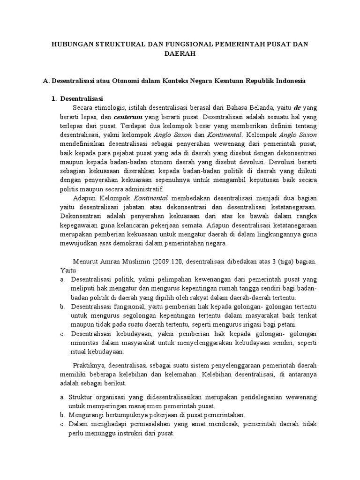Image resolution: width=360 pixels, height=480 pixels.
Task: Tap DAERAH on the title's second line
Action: point(180,54)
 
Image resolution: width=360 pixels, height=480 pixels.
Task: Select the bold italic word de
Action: point(297,107)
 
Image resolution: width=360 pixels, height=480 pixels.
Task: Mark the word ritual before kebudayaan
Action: point(79,352)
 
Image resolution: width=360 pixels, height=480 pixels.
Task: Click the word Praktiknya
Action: point(89,366)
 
